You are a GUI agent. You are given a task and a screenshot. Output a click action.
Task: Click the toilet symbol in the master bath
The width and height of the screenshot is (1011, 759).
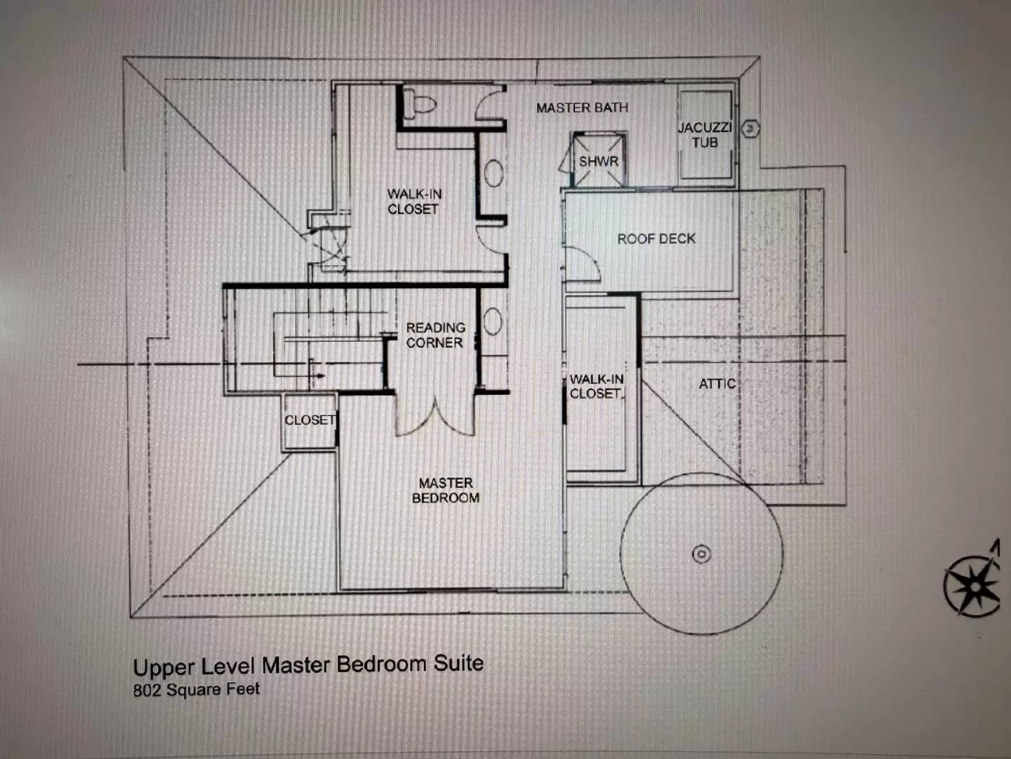pyautogui.click(x=423, y=104)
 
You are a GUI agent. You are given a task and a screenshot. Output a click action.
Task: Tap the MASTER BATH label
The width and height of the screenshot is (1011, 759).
pyautogui.click(x=582, y=108)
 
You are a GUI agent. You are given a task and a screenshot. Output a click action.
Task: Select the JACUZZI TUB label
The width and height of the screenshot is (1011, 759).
pyautogui.click(x=705, y=135)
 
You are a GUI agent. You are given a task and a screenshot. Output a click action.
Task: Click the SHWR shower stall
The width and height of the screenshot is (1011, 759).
pyautogui.click(x=599, y=160)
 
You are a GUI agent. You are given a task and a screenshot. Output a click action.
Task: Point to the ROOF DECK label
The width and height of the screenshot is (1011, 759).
pyautogui.click(x=656, y=239)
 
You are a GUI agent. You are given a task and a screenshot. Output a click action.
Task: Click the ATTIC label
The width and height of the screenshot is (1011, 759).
pyautogui.click(x=717, y=384)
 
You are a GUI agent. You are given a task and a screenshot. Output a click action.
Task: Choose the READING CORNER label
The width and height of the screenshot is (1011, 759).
pyautogui.click(x=435, y=335)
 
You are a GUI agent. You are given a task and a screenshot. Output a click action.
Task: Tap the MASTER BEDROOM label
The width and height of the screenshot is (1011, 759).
pyautogui.click(x=445, y=491)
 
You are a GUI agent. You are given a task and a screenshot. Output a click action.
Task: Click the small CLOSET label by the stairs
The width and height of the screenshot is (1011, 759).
pyautogui.click(x=310, y=420)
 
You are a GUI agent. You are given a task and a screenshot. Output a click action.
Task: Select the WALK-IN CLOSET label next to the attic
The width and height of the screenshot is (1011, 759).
pyautogui.click(x=597, y=387)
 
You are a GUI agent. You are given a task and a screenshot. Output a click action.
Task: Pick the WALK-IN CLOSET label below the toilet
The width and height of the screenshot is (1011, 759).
pyautogui.click(x=414, y=202)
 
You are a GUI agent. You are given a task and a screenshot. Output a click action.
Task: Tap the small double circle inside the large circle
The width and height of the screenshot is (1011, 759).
pyautogui.click(x=701, y=554)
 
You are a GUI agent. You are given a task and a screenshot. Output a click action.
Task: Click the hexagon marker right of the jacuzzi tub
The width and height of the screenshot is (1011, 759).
pyautogui.click(x=751, y=129)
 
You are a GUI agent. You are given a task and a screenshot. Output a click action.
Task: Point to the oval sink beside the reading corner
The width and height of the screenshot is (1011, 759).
pyautogui.click(x=492, y=320)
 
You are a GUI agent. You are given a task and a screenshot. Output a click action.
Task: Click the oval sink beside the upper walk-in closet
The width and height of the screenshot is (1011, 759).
pyautogui.click(x=494, y=174)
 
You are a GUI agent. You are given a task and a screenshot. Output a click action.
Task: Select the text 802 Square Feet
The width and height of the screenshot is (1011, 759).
pyautogui.click(x=197, y=689)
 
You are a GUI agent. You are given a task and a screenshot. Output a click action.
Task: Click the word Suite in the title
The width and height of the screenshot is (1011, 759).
pyautogui.click(x=458, y=663)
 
